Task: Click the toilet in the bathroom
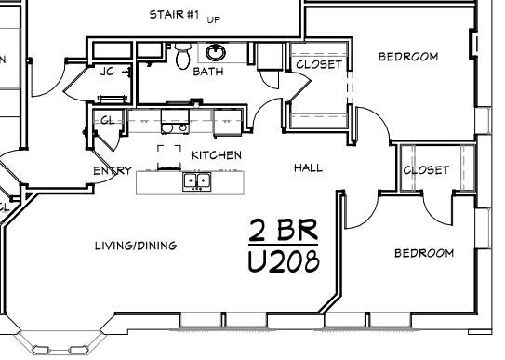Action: [182, 57]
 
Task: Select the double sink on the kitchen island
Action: [197, 180]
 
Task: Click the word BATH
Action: [207, 72]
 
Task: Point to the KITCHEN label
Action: [217, 154]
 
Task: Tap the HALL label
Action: [308, 168]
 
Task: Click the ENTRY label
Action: [113, 170]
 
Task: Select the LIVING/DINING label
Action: [136, 246]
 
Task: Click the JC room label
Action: [107, 73]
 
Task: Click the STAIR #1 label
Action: [175, 14]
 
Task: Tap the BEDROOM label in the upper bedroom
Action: [407, 57]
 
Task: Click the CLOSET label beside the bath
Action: [319, 64]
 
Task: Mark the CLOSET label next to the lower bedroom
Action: [426, 170]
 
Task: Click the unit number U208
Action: [284, 261]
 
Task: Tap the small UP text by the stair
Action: [214, 18]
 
